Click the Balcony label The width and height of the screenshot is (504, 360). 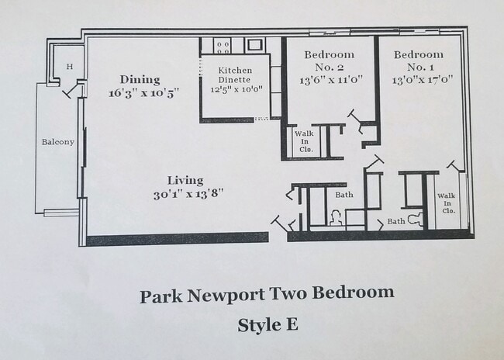click(x=58, y=142)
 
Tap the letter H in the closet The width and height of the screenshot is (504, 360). click(x=70, y=67)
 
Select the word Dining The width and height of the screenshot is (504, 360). click(x=140, y=79)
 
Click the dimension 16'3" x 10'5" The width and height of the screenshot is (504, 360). click(x=144, y=92)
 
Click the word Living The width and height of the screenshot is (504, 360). click(x=185, y=181)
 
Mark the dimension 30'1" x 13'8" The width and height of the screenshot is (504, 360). click(x=189, y=195)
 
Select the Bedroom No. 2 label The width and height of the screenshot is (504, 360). click(x=329, y=61)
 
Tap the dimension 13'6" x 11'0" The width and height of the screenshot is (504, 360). click(x=330, y=79)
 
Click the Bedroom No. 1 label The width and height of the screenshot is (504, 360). click(x=419, y=61)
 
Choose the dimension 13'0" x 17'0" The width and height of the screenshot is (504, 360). click(x=422, y=78)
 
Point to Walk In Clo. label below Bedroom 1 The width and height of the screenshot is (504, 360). click(x=447, y=202)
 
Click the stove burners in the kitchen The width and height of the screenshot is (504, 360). click(x=223, y=45)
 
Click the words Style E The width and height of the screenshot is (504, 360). click(x=268, y=325)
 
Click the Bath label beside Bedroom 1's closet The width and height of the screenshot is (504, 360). click(x=396, y=222)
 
